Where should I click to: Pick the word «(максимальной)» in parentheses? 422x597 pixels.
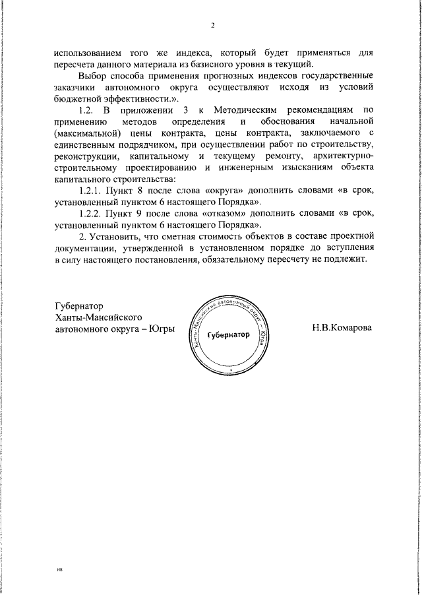point(85,133)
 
